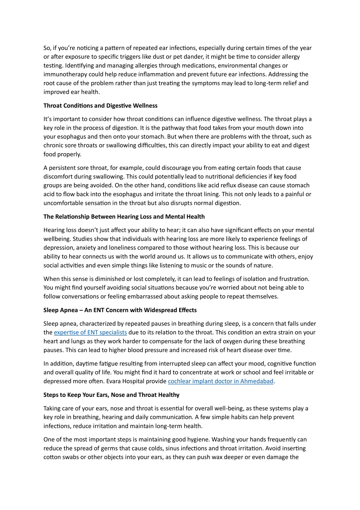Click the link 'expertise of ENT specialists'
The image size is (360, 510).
click(x=90, y=332)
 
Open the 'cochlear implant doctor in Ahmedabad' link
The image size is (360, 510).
click(x=221, y=381)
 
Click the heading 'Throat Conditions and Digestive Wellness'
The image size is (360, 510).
click(x=100, y=106)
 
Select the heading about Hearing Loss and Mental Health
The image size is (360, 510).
click(x=124, y=217)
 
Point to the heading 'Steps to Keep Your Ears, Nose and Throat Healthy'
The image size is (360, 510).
click(x=111, y=395)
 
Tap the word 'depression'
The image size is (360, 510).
click(x=58, y=248)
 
